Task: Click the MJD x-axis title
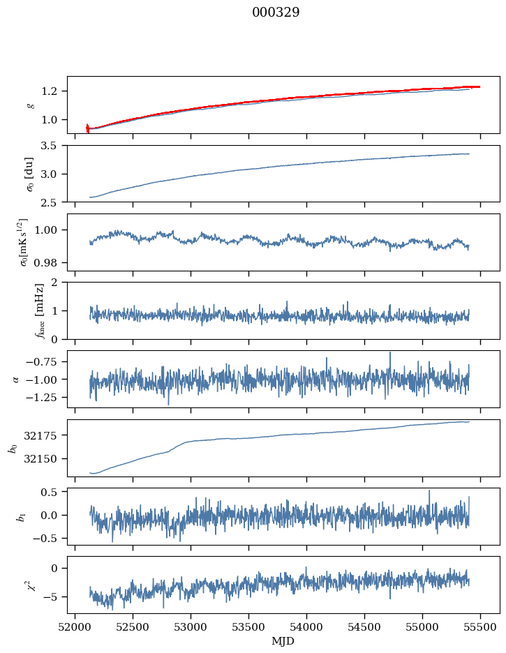point(283,641)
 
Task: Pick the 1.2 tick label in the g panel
point(54,91)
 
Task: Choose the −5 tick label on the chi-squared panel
point(52,597)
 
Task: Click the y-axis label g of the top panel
point(29,105)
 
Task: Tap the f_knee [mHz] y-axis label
point(20,310)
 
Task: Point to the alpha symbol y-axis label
point(16,379)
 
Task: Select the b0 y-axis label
point(13,447)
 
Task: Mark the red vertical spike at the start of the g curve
point(87,128)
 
